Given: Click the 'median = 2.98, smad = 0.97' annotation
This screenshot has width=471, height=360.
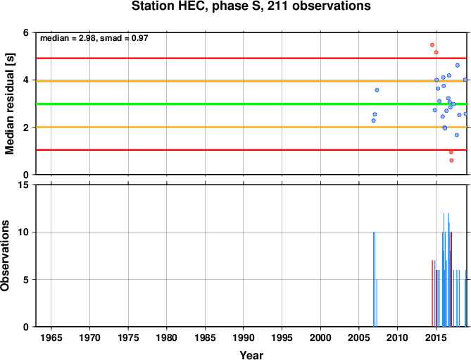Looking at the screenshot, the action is (94, 38).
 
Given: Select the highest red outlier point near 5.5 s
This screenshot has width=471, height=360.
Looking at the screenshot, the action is (432, 45).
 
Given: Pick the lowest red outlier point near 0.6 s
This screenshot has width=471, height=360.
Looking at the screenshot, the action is (451, 161).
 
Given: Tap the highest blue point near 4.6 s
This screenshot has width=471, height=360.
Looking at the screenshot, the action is (458, 66).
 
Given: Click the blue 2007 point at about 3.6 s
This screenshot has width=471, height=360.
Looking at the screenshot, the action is (377, 90).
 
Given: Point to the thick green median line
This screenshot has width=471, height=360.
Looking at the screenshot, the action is (251, 104).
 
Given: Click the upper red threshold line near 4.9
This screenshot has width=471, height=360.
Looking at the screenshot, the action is (251, 58).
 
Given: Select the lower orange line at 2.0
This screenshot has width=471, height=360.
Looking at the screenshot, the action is (251, 127).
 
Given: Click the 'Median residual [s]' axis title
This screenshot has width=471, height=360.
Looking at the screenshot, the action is (10, 104).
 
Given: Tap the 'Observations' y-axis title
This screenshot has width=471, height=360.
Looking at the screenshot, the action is (5, 256).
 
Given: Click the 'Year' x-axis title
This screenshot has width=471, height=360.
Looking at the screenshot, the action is (251, 355).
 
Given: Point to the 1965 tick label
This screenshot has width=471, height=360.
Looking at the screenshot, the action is (51, 337).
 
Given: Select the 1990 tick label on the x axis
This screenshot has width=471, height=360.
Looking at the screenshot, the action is (244, 337).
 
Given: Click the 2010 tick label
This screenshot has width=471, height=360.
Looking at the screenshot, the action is (397, 337).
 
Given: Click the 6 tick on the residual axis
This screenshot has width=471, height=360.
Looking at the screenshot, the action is (26, 32).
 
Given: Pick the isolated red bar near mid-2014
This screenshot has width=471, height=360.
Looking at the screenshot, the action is (432, 294).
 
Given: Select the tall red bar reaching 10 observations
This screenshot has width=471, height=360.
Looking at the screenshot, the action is (451, 280).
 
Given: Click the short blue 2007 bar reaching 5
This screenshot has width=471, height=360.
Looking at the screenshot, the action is (377, 303).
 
